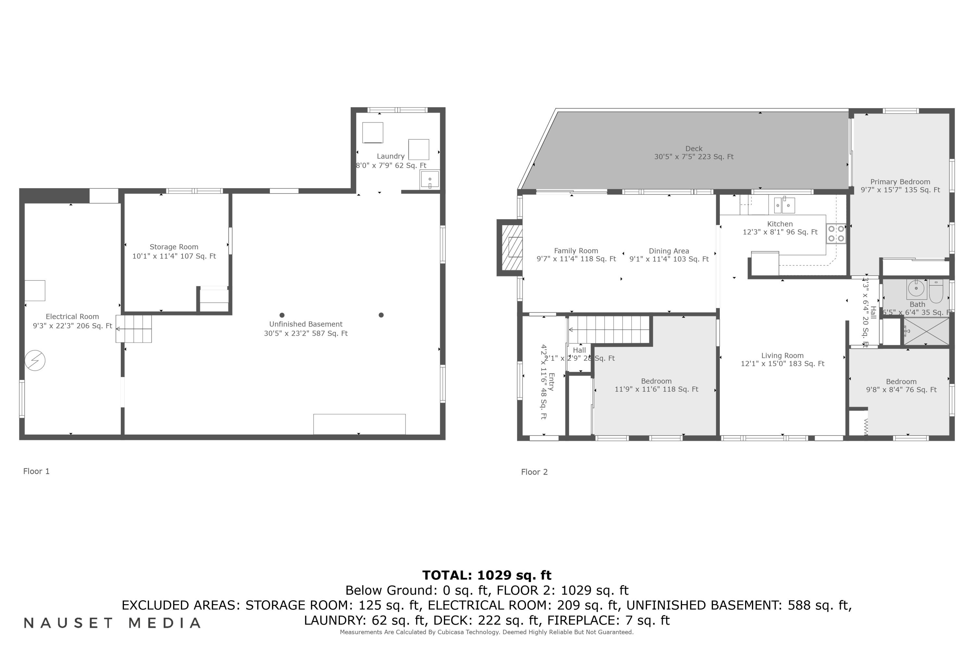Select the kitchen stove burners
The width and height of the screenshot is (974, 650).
836,233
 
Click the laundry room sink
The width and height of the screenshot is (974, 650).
430,179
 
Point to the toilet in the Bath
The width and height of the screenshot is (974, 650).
936,292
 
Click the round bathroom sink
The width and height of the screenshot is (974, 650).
917,289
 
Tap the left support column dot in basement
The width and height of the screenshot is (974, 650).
282,315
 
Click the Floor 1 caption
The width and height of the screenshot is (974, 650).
36,471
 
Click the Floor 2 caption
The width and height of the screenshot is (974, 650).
534,472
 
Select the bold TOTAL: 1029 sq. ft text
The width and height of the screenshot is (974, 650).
487,575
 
